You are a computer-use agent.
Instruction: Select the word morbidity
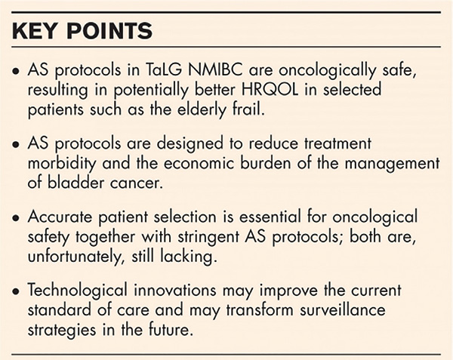[x=62, y=164]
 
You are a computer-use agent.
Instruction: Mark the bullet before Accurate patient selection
[x=16, y=218]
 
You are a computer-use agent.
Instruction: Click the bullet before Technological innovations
[x=16, y=291]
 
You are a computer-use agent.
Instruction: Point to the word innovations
[x=175, y=290]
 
